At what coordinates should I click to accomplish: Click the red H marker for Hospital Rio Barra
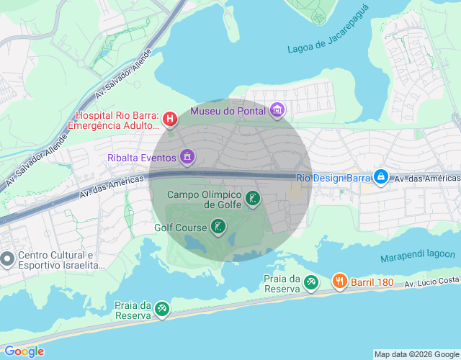click(170, 119)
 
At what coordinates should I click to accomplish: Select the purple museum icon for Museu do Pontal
click(277, 111)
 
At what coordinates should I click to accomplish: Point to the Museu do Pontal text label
click(227, 111)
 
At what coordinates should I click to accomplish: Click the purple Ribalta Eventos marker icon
click(188, 156)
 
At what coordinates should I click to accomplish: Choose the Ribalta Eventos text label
click(142, 157)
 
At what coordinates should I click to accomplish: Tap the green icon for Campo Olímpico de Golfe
click(253, 198)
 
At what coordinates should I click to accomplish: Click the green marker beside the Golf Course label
click(218, 228)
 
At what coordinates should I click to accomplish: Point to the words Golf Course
click(179, 228)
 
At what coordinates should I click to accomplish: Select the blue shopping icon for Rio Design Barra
click(381, 176)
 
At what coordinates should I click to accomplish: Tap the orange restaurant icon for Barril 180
click(339, 282)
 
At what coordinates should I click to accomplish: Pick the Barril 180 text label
click(372, 282)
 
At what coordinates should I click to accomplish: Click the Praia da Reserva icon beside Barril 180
click(310, 282)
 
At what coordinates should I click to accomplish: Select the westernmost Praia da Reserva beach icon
click(161, 310)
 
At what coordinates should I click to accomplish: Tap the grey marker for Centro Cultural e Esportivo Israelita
click(7, 258)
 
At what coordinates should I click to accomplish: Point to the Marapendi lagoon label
click(418, 255)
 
